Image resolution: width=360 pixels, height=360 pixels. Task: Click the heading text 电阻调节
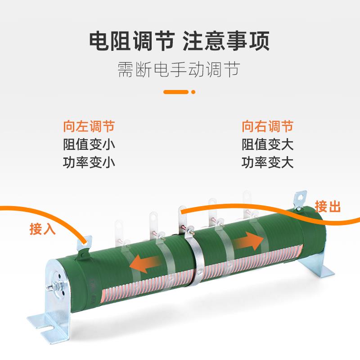(131, 42)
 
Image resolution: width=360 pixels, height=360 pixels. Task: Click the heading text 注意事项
(226, 42)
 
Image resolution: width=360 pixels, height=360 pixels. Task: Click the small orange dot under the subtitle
(193, 93)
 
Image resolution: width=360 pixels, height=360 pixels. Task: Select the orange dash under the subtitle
(175, 93)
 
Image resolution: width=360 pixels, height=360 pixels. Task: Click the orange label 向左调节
(89, 126)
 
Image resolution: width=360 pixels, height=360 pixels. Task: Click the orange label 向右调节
(268, 126)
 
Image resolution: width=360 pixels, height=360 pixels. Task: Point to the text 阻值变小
(89, 144)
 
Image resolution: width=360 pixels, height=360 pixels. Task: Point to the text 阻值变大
(268, 144)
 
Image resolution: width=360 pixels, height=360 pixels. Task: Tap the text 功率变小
(89, 162)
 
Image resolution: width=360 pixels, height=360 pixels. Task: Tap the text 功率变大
(268, 162)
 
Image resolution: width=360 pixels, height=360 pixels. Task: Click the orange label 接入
(42, 229)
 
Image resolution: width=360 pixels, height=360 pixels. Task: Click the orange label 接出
(328, 207)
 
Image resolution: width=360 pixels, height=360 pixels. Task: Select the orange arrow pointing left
(144, 265)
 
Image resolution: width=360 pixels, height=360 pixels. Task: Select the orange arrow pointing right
(249, 242)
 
